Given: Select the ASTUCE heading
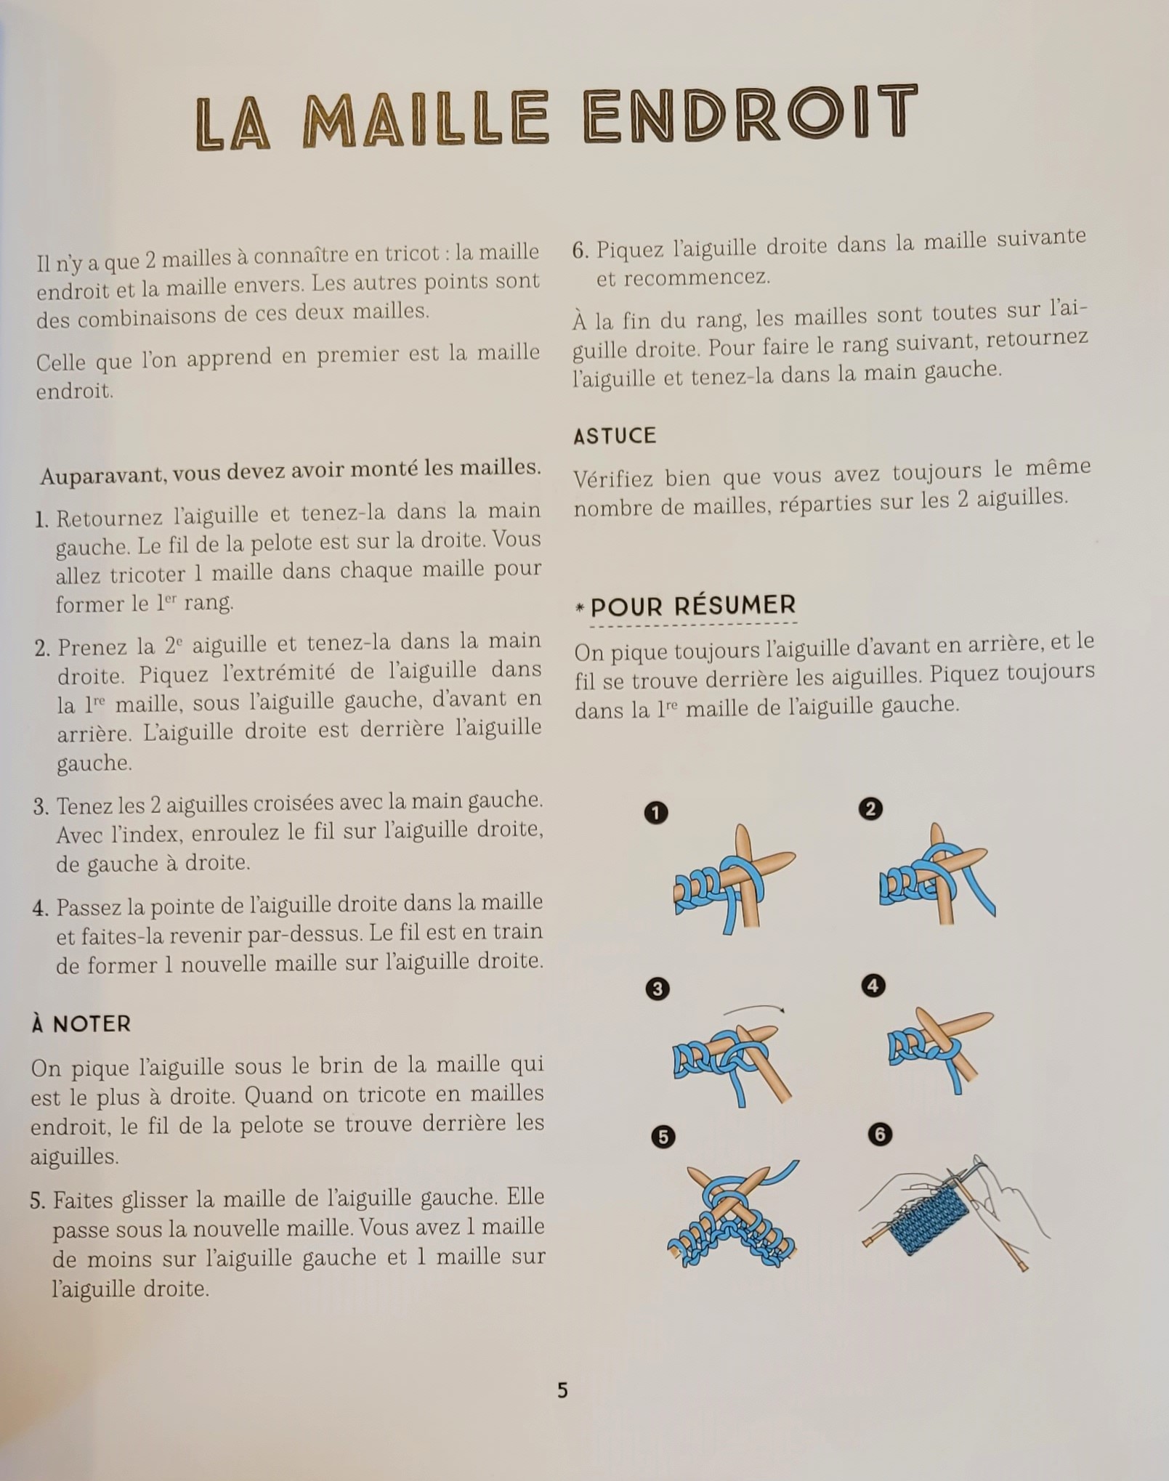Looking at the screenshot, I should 614,436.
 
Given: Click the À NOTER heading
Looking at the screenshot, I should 81,1024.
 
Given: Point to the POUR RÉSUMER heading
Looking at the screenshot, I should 693,606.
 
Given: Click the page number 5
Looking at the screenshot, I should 562,1390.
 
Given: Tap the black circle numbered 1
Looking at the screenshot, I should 656,813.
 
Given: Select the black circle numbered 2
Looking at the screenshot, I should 870,809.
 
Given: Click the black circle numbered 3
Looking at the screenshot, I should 658,989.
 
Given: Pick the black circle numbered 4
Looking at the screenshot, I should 873,986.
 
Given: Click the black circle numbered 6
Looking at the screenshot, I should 879,1135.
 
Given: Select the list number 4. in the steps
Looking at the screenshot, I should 40,909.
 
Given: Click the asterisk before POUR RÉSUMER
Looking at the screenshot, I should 580,608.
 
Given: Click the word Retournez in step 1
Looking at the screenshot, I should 110,518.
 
